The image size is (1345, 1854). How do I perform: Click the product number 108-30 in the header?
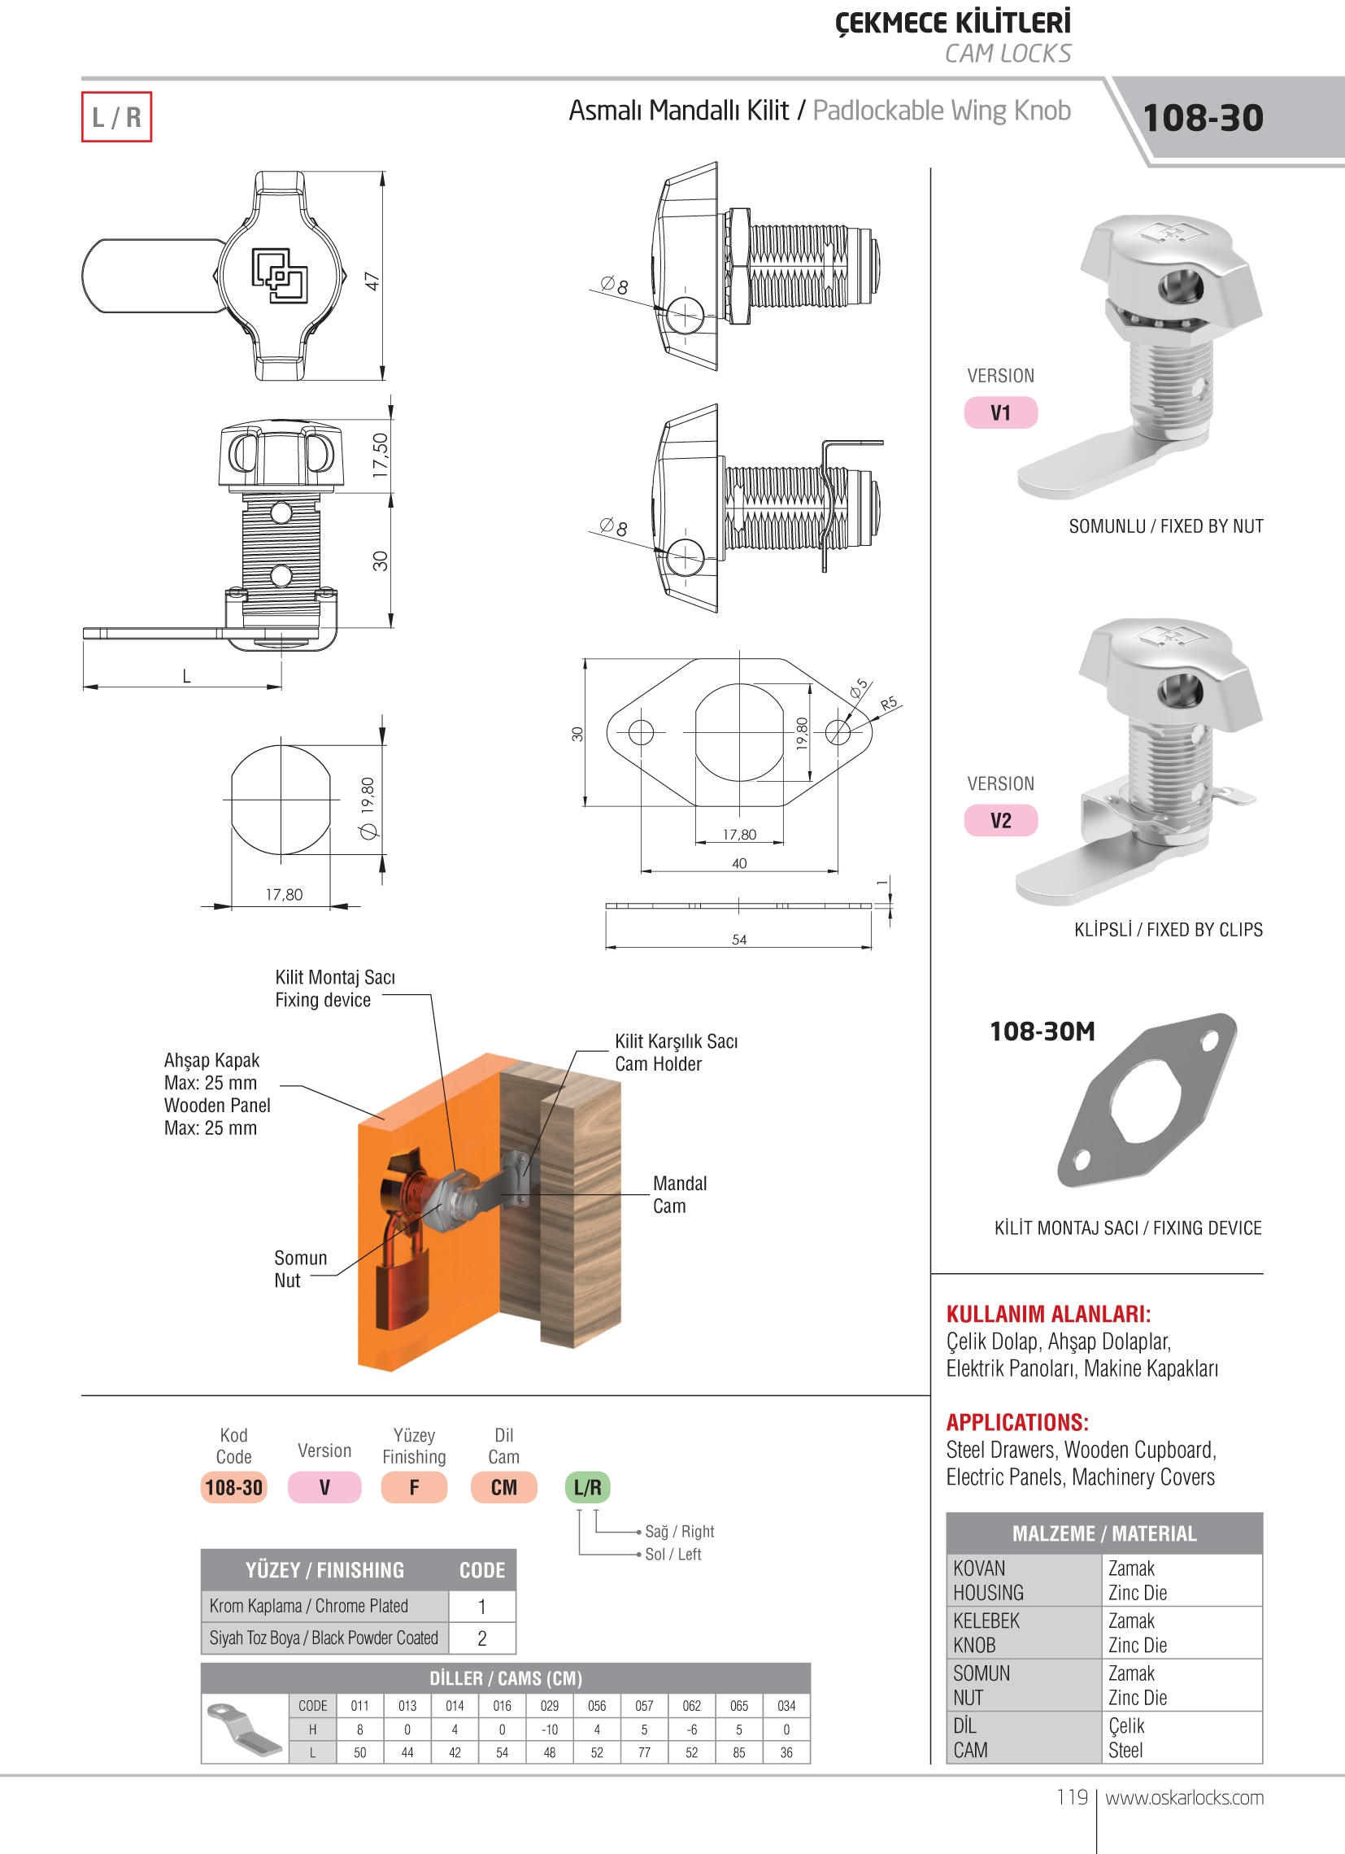click(x=1202, y=118)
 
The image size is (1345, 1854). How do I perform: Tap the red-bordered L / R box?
click(x=116, y=117)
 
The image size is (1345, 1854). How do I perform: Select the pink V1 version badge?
click(x=1001, y=412)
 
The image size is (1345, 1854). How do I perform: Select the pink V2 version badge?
click(x=1001, y=821)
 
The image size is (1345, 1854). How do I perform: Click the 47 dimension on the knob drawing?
click(x=372, y=281)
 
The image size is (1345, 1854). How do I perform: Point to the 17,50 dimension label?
click(x=380, y=456)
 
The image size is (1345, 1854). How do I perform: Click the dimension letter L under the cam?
click(x=186, y=676)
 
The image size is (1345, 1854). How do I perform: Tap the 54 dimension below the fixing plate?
click(x=738, y=940)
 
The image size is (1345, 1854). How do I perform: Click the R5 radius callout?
click(x=888, y=703)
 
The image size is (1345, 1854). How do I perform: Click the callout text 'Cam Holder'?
click(x=659, y=1064)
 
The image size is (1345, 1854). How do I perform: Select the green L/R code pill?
click(x=587, y=1488)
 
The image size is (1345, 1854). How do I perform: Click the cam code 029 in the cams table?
click(x=549, y=1706)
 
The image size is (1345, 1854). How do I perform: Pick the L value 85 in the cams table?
click(x=738, y=1752)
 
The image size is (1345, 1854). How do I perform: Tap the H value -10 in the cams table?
click(x=549, y=1730)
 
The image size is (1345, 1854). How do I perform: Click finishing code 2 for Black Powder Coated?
click(x=482, y=1638)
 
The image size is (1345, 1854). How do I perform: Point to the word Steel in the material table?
click(x=1125, y=1750)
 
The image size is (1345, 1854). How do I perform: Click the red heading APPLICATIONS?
click(x=1017, y=1422)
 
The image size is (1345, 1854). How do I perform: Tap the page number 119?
click(x=1072, y=1798)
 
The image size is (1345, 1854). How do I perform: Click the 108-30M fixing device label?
click(x=1042, y=1032)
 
